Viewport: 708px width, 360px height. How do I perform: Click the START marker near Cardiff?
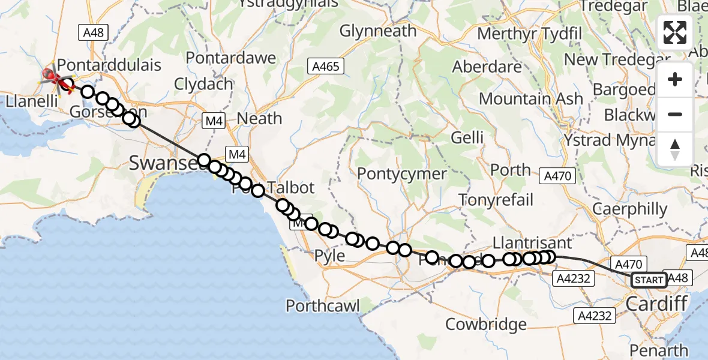tap(649, 280)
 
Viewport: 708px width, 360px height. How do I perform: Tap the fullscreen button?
tap(675, 32)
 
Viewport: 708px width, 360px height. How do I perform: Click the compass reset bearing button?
tap(675, 149)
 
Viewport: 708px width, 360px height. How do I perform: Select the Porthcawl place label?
tap(323, 306)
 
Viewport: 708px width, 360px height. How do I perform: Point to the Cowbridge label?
tap(486, 325)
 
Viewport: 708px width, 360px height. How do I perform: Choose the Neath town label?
tap(259, 118)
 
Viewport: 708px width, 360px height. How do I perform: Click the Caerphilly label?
tap(629, 209)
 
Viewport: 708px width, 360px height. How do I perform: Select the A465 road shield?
tap(326, 66)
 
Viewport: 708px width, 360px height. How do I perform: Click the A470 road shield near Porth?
tap(557, 176)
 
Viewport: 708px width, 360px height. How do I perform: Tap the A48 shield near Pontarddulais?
tap(94, 32)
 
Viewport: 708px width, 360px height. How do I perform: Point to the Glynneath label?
tap(378, 31)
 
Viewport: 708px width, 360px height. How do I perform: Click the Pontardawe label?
tap(231, 58)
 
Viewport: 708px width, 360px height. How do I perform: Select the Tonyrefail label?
tap(496, 199)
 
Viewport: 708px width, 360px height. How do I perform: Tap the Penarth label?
tap(664, 350)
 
